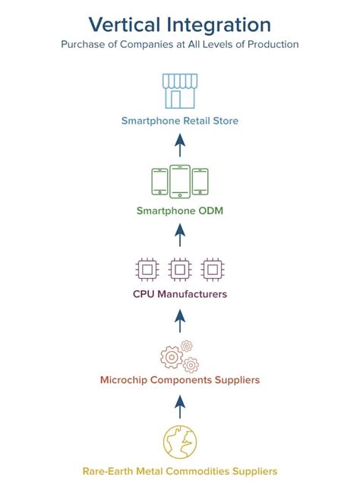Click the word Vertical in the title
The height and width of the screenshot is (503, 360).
click(x=125, y=25)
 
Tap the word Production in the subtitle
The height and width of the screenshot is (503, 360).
click(x=273, y=44)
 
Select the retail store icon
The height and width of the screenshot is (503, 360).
click(x=180, y=91)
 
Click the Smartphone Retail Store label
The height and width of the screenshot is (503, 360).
click(x=180, y=121)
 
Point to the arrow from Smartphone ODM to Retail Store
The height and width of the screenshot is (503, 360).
click(x=180, y=145)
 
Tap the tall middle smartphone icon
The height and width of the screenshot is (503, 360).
click(x=180, y=182)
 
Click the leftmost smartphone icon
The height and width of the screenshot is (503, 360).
click(x=159, y=182)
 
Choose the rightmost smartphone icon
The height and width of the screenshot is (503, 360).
click(x=200, y=182)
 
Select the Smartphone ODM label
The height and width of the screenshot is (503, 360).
click(x=180, y=210)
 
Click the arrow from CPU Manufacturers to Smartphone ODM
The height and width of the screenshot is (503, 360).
click(x=180, y=235)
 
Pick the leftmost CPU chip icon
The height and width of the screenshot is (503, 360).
click(x=147, y=270)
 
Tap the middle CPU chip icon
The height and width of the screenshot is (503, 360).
click(x=180, y=270)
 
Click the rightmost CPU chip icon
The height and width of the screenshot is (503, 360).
click(x=213, y=270)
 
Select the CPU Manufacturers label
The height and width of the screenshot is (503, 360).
click(x=180, y=294)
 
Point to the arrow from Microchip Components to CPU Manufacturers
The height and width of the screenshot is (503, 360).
click(x=180, y=321)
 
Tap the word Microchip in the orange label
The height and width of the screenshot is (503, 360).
click(x=124, y=380)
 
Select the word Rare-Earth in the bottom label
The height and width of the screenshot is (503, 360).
click(x=107, y=471)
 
